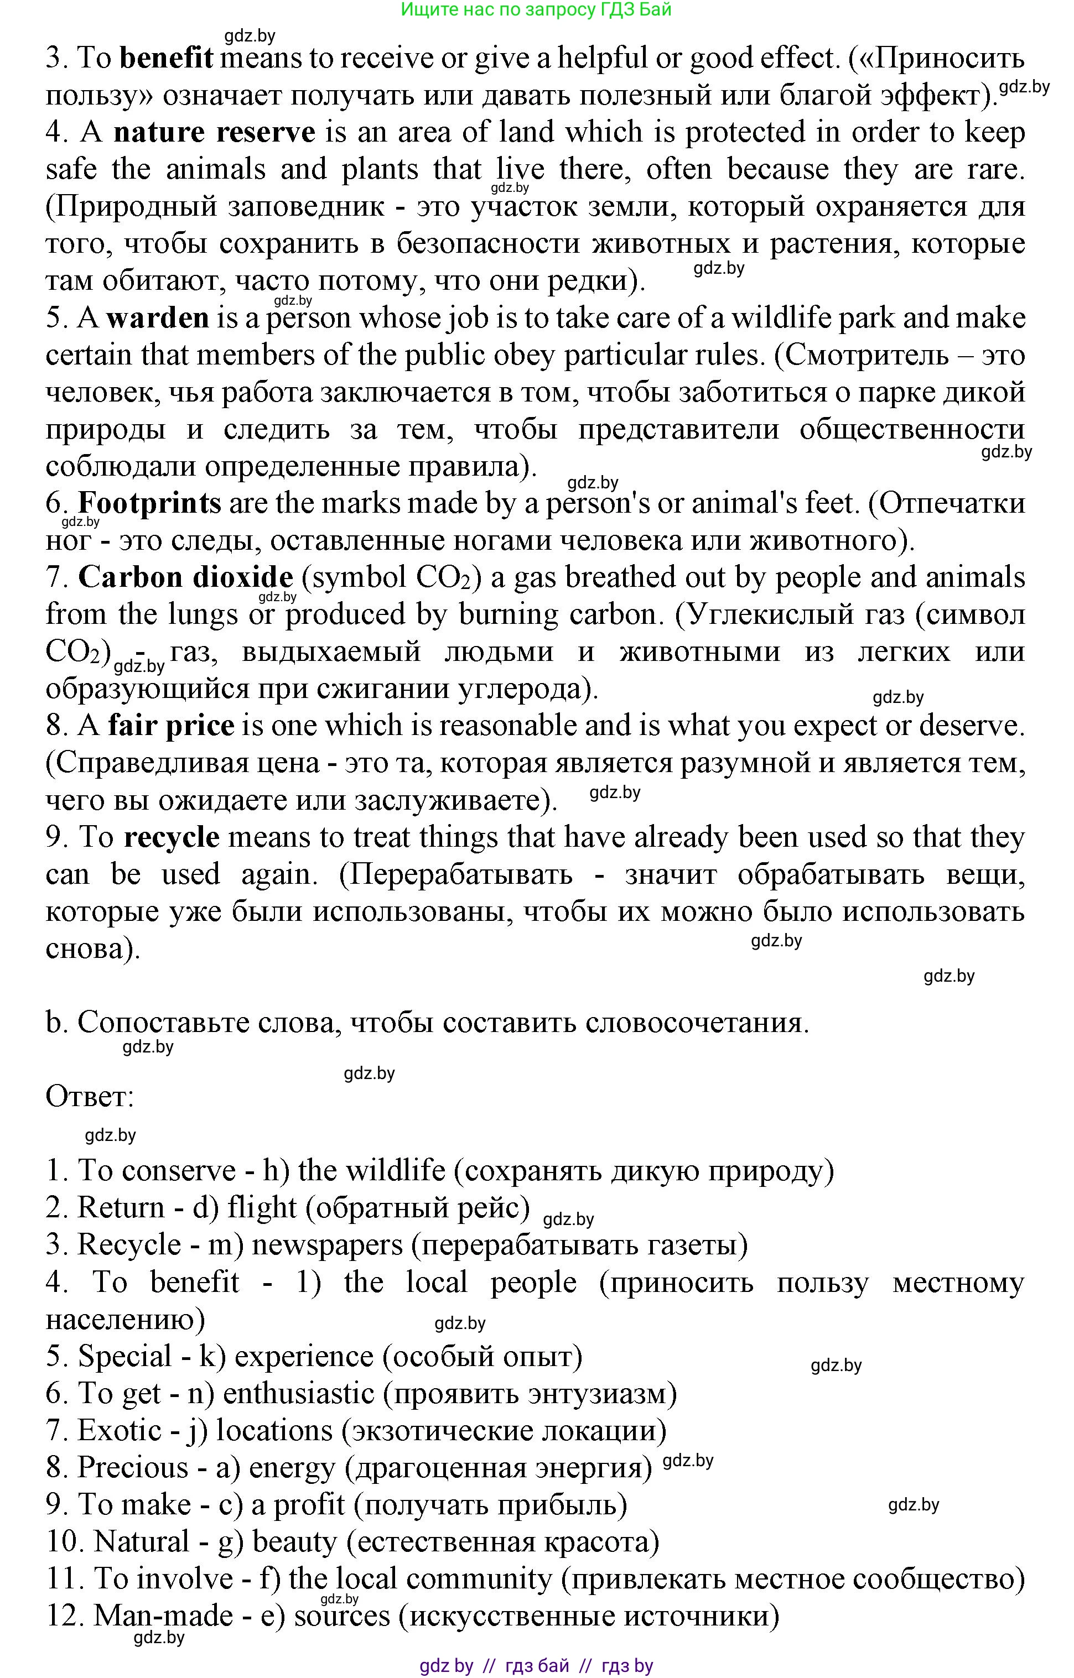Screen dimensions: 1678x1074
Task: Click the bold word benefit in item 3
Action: (166, 59)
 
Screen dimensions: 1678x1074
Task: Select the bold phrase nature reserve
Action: (214, 132)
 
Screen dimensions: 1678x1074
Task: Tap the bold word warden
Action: (158, 319)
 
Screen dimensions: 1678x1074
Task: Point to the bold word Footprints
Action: (149, 503)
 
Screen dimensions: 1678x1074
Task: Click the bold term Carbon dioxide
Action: (185, 578)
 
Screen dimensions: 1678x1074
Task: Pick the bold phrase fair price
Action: (171, 726)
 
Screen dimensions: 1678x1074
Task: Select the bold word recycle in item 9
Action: (171, 837)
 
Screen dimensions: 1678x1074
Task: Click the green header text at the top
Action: (536, 10)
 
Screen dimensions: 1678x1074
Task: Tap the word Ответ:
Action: (89, 1097)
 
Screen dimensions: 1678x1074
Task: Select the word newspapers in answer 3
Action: (327, 1244)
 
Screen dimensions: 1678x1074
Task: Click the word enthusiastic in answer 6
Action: (298, 1393)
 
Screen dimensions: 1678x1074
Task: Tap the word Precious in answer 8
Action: (132, 1467)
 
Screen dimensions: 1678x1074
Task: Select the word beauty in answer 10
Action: (294, 1541)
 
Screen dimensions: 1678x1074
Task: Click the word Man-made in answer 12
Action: (163, 1616)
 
